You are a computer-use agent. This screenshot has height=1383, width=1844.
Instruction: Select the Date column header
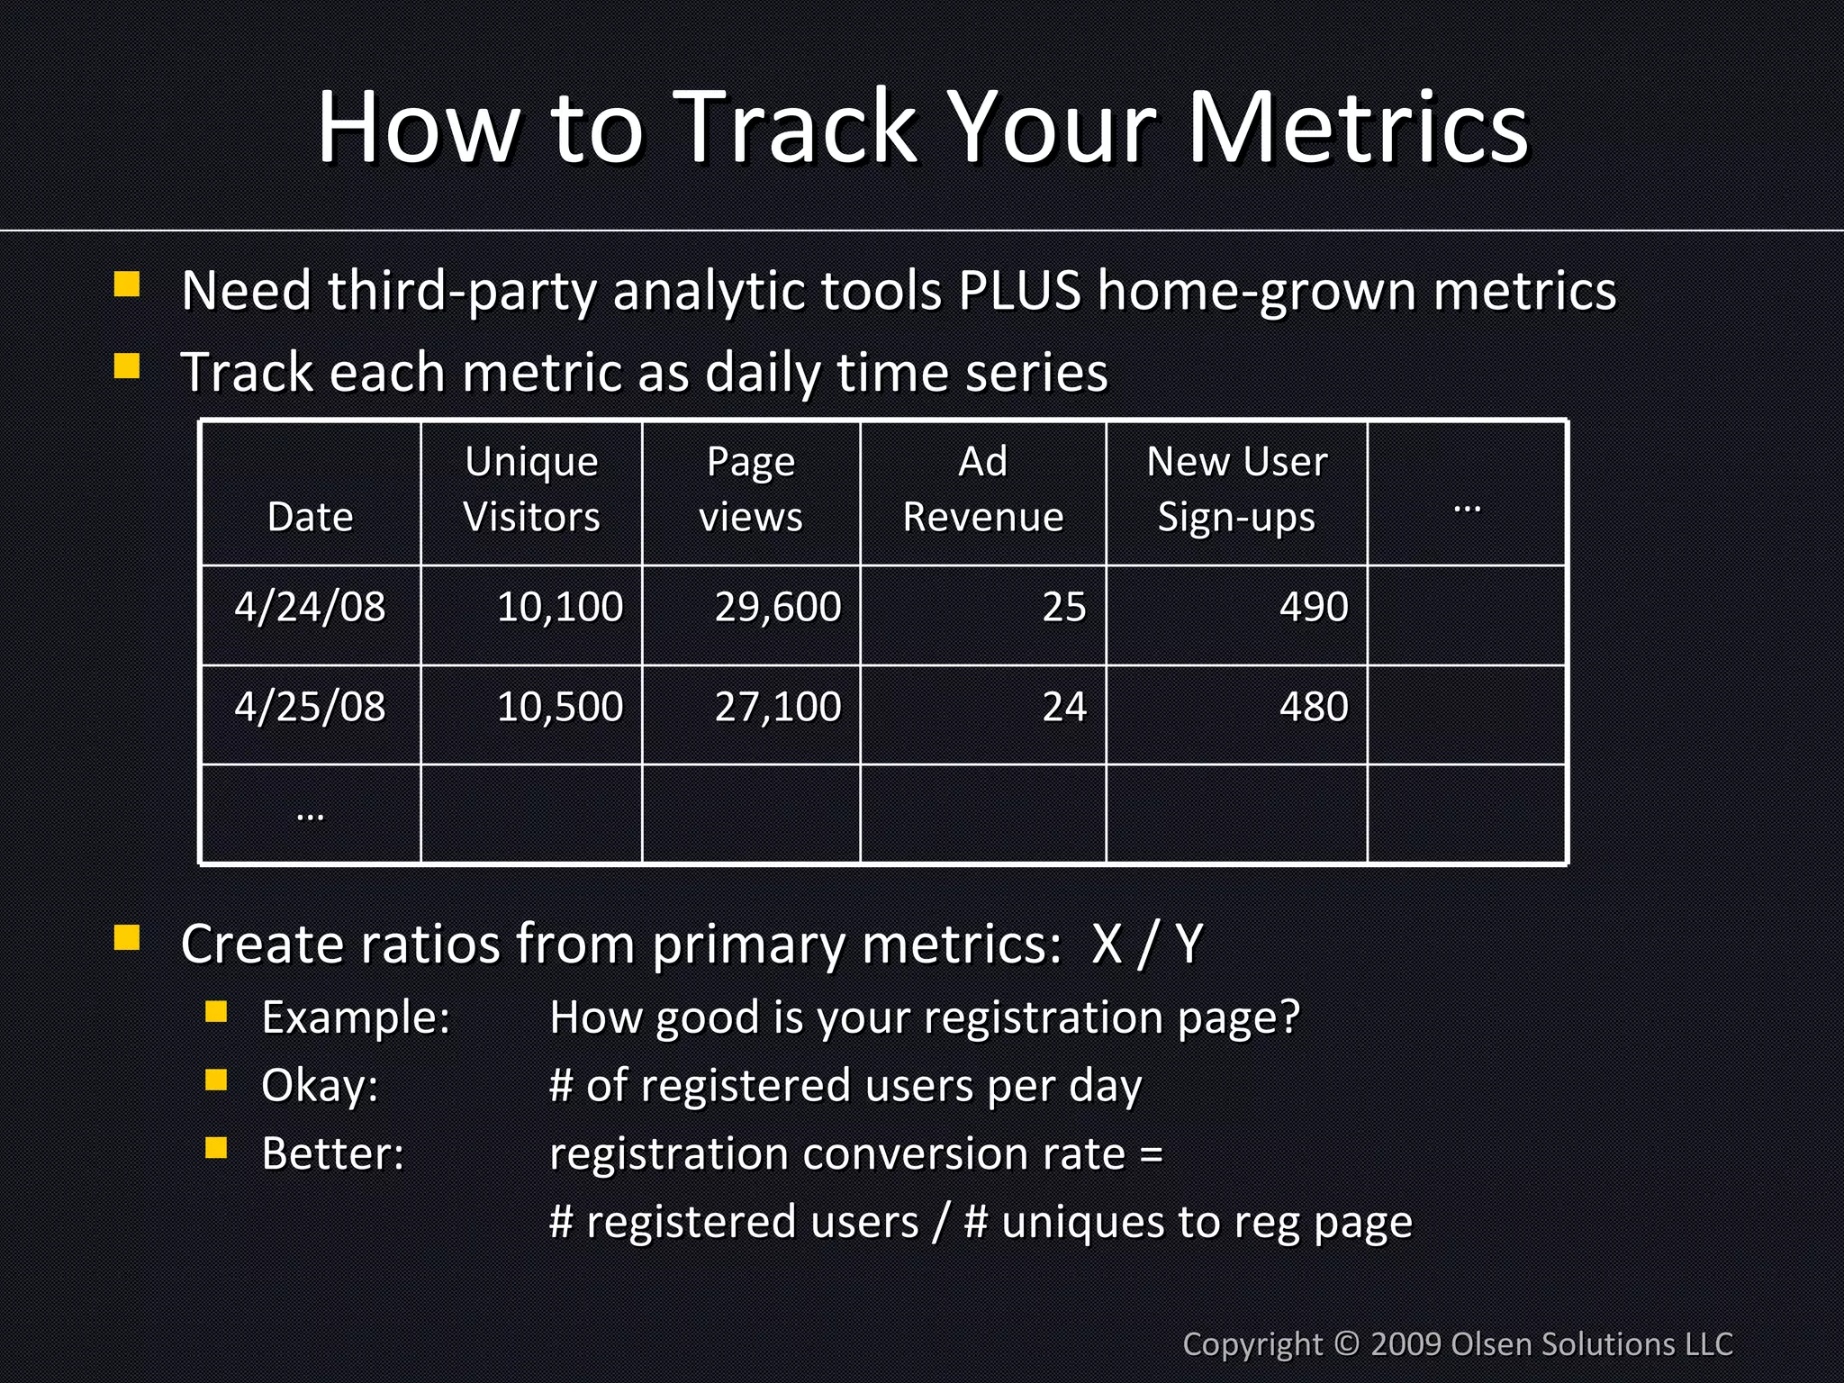(x=310, y=517)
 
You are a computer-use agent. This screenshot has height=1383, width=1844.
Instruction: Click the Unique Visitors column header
(x=531, y=489)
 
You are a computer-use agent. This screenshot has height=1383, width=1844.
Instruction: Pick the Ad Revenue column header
(x=982, y=489)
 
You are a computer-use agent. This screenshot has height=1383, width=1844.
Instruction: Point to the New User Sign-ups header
(x=1236, y=489)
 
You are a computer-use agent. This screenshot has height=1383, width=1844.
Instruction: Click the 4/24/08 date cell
(x=310, y=607)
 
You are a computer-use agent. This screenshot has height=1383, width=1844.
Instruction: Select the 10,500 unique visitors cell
(x=559, y=707)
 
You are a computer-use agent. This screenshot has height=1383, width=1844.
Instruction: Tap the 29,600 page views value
(x=777, y=607)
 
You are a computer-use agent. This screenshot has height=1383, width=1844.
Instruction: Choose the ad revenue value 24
(x=1063, y=707)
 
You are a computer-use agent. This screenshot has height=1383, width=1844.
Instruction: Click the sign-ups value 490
(x=1313, y=607)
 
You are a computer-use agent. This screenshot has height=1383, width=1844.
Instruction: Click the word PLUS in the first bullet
(x=1018, y=292)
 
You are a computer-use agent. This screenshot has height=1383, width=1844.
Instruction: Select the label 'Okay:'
(x=320, y=1086)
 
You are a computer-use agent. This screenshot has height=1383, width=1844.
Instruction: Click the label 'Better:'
(x=332, y=1153)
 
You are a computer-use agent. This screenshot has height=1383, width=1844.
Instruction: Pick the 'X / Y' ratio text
(x=1147, y=945)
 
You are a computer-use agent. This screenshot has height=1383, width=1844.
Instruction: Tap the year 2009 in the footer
(x=1406, y=1344)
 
